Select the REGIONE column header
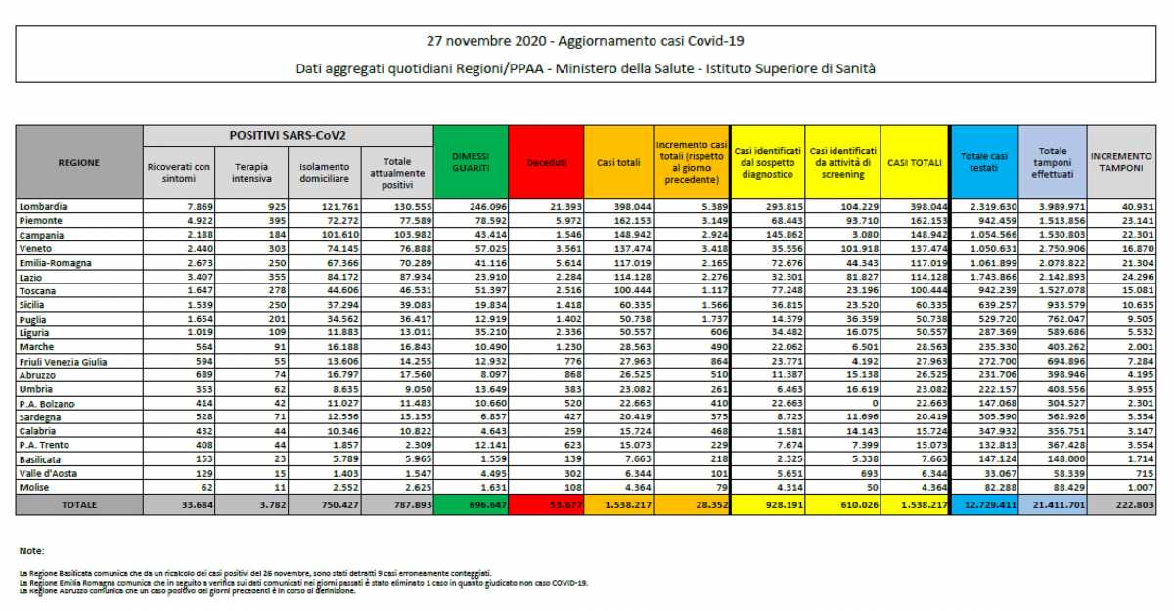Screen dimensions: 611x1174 79,163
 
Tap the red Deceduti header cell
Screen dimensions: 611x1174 546,163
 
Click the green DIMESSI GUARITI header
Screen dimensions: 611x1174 471,162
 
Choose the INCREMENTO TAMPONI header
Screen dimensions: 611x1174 1121,162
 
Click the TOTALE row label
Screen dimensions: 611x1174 79,505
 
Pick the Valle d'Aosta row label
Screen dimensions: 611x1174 48,472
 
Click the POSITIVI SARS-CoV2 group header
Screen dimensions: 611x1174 288,133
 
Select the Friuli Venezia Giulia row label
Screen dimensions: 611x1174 66,361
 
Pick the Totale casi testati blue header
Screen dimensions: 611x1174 983,162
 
